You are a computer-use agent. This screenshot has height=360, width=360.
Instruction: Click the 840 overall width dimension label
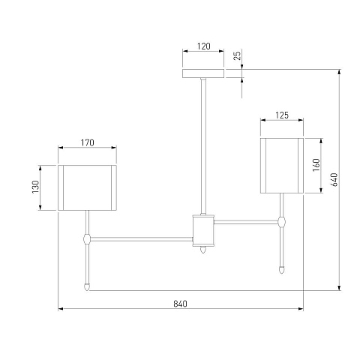tap(180, 304)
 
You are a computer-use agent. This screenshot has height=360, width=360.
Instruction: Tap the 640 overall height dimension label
tap(334, 179)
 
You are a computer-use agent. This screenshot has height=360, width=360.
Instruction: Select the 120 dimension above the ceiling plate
tap(204, 46)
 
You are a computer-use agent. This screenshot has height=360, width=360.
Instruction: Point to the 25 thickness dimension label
tap(237, 55)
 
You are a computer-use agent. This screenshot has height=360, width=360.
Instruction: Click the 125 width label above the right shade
tap(282, 115)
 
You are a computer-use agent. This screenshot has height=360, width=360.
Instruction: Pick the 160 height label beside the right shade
tap(316, 165)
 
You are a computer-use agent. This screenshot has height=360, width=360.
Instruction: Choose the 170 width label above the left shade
tap(87, 142)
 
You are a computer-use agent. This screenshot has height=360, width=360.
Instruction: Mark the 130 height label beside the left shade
tap(36, 187)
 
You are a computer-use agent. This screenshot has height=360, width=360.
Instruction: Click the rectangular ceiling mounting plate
tap(203, 73)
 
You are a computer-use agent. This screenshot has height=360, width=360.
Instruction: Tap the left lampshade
tap(87, 187)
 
